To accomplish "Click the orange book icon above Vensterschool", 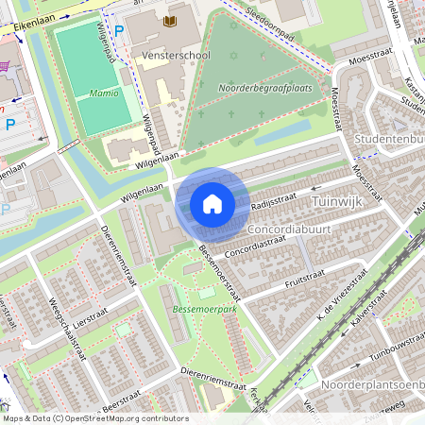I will pos(170,22).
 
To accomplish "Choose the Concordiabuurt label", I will pos(292,229).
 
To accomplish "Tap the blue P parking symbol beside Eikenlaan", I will pos(118,31).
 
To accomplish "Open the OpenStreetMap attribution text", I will pos(94,418).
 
